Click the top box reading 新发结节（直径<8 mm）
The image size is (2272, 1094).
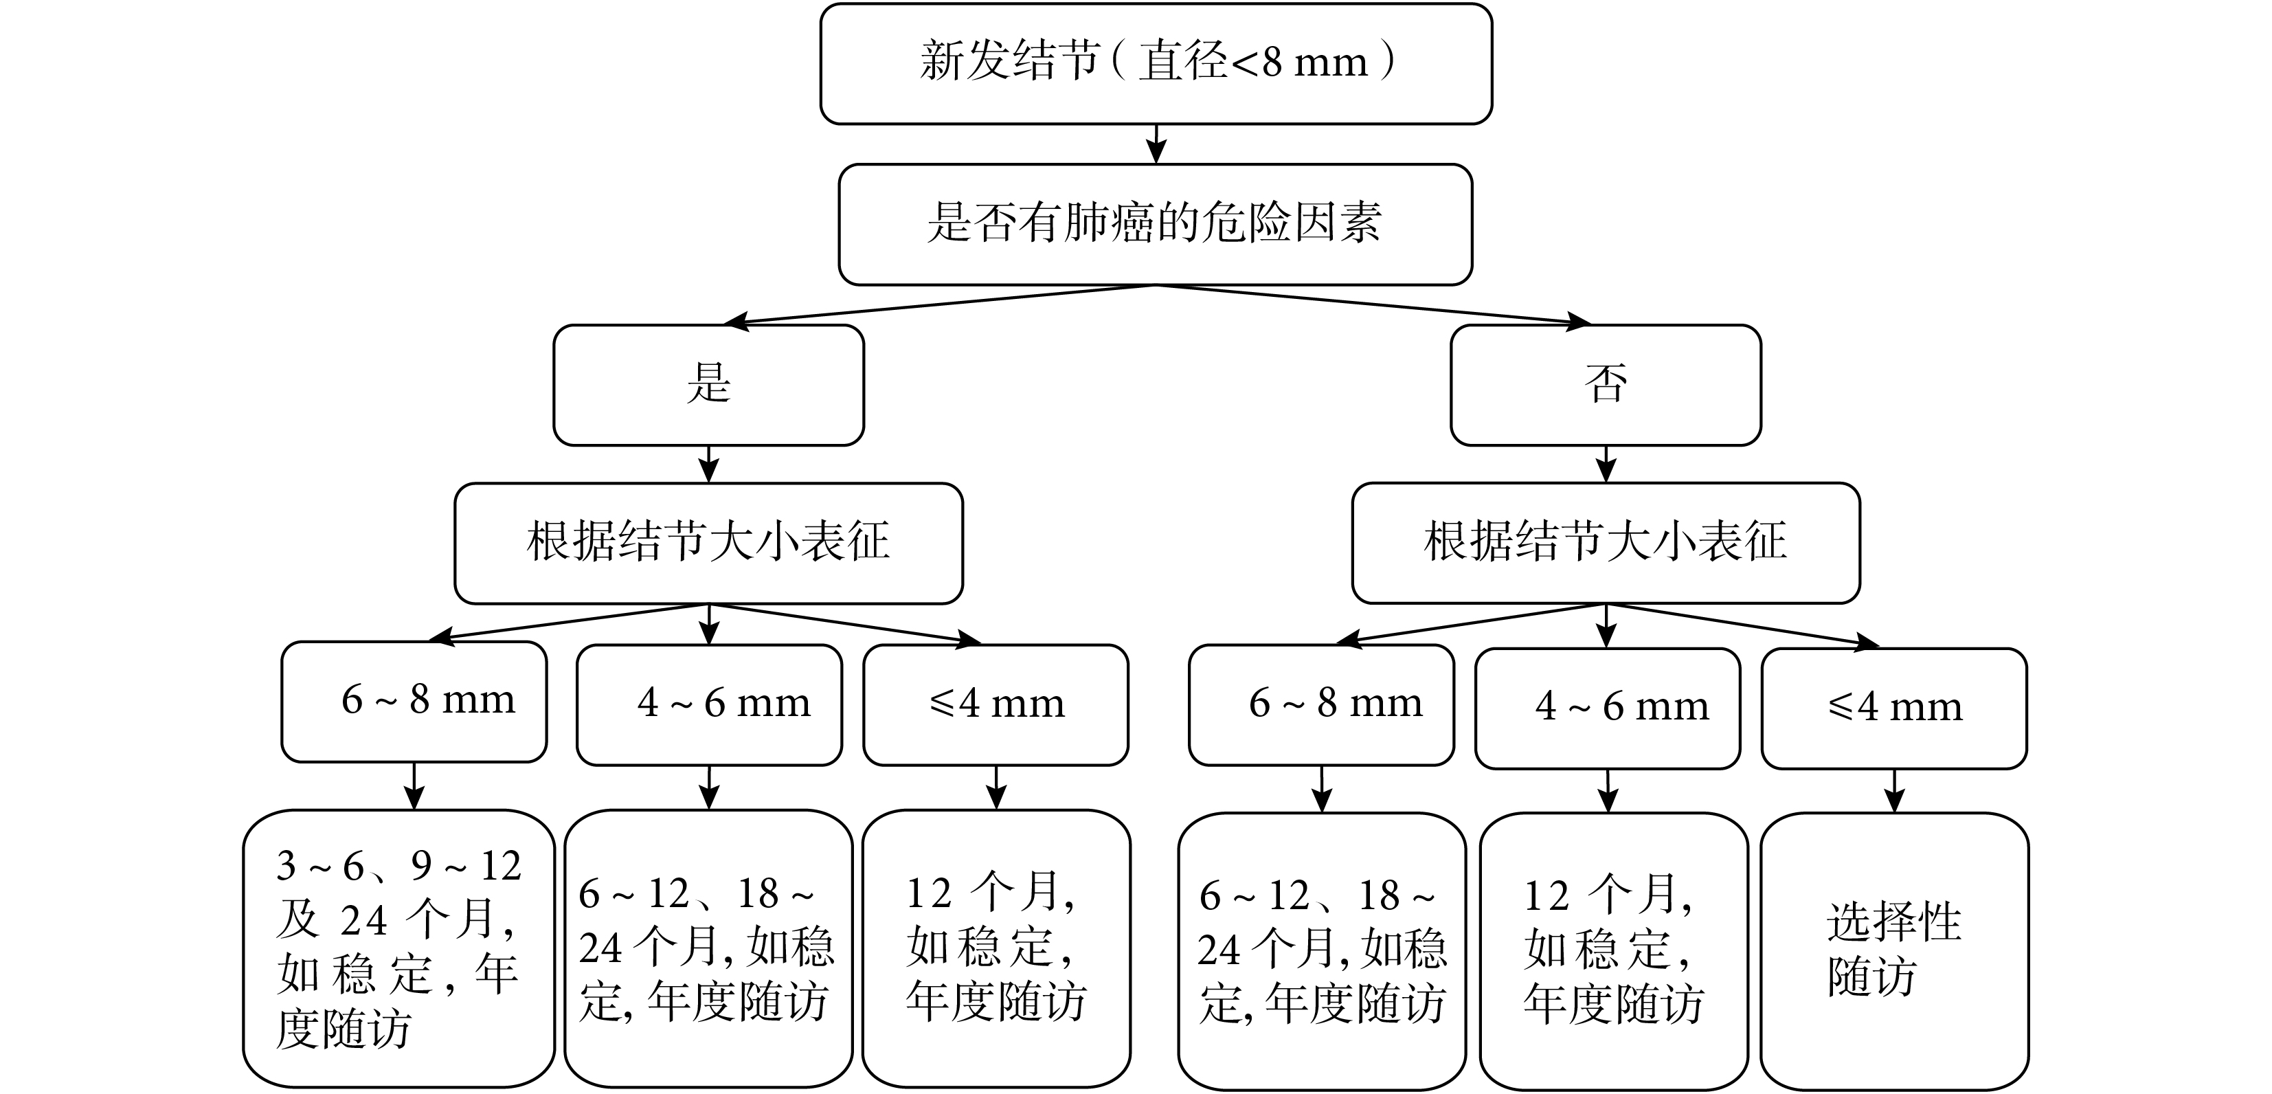[1156, 63]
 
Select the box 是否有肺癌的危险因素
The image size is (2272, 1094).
[1156, 224]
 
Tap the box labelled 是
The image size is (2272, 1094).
[708, 385]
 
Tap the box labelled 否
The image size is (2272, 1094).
[1605, 385]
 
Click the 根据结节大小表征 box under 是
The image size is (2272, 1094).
[708, 543]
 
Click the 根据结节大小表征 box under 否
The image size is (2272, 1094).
[1605, 543]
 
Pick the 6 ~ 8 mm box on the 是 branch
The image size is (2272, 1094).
[414, 702]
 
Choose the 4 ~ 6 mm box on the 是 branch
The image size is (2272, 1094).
[709, 705]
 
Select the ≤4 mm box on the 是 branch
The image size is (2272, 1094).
[996, 705]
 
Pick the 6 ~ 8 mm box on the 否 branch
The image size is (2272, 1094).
[1321, 705]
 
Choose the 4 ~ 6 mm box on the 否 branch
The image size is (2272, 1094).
[1607, 708]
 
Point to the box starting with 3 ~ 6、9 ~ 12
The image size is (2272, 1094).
[398, 948]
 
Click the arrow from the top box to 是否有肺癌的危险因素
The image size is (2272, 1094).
[1156, 144]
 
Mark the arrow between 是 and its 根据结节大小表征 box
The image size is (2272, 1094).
[708, 464]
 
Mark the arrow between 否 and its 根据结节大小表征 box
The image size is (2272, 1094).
[1605, 464]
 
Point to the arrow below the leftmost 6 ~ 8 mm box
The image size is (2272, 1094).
[414, 786]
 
